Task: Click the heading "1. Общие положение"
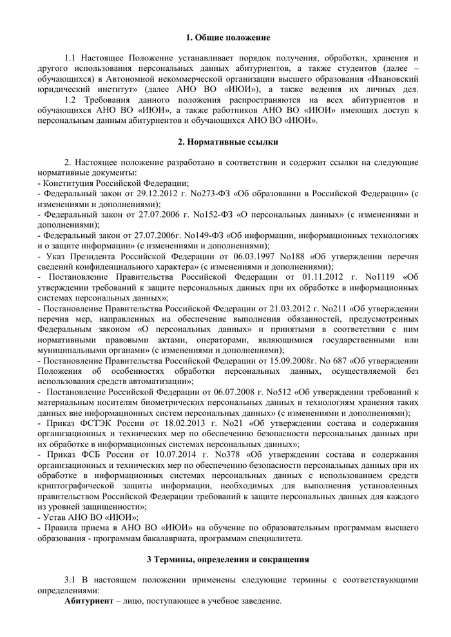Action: (225, 38)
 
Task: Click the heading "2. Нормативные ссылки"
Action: (225, 142)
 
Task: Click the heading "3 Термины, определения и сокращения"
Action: (225, 559)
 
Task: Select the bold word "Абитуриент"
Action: (89, 600)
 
